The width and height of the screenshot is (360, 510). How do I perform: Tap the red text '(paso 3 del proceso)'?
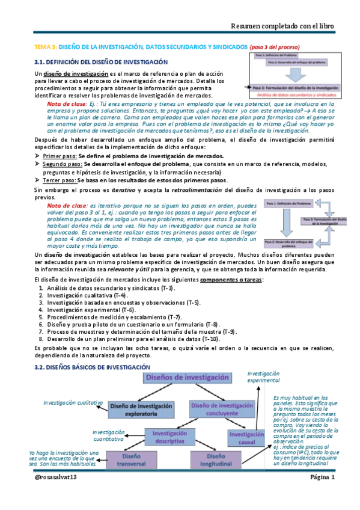(x=274, y=46)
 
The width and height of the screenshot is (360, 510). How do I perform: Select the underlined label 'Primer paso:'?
(x=59, y=156)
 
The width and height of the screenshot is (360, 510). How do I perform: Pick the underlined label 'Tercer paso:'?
(x=59, y=180)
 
